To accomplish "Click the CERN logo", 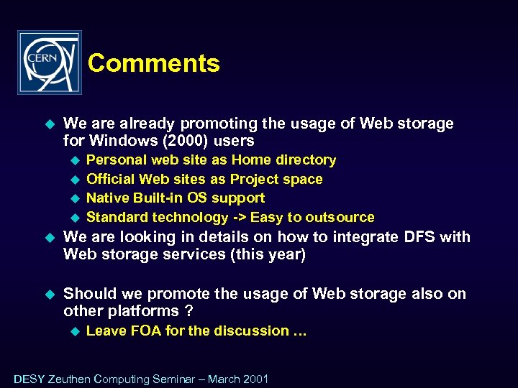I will point(50,63).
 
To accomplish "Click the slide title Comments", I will point(153,63).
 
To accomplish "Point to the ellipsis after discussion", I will point(300,331).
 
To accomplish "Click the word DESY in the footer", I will point(29,379).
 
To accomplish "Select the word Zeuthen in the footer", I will point(70,379).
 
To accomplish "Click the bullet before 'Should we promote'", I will point(50,294).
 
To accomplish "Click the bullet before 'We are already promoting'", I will point(50,124).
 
